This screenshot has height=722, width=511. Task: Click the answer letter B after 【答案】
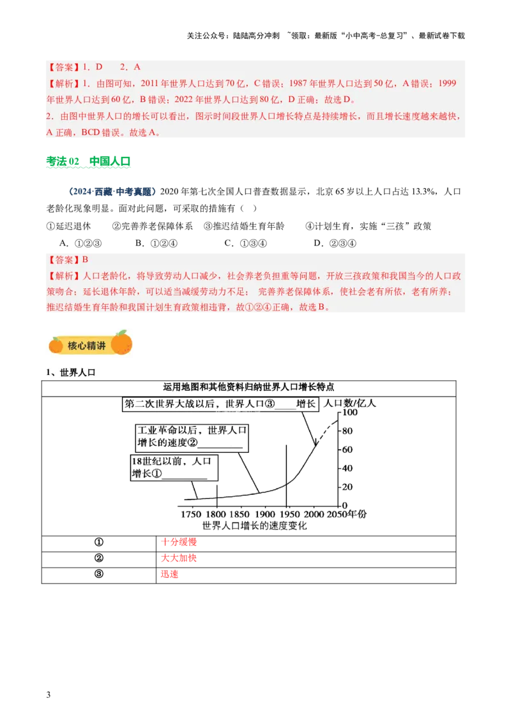(85, 260)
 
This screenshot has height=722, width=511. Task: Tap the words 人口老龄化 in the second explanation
(105, 276)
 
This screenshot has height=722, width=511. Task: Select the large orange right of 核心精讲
(121, 343)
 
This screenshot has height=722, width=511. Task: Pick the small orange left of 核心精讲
(56, 346)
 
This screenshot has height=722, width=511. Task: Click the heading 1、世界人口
(70, 372)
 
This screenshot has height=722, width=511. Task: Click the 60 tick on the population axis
(347, 450)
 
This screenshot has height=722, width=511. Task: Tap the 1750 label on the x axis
(192, 515)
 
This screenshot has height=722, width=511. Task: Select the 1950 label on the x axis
(291, 515)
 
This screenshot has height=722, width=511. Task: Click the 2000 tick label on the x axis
(314, 515)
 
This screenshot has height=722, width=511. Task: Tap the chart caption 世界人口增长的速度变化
(254, 526)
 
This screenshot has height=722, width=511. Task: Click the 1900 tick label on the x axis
(265, 515)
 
